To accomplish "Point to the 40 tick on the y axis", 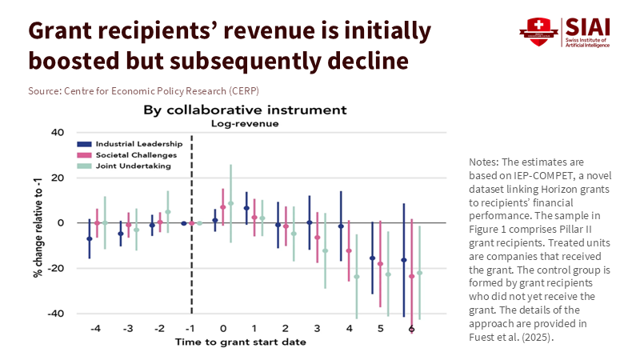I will [x=58, y=132].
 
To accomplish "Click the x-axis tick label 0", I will [x=222, y=329].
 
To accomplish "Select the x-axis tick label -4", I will [x=95, y=329].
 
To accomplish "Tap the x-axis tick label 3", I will [x=317, y=329].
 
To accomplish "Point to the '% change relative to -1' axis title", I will [x=38, y=222].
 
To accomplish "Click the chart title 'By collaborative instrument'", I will [x=245, y=110].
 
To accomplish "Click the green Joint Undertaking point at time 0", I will [x=230, y=203].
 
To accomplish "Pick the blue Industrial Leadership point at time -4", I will [x=89, y=238].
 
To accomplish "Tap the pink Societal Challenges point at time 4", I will [x=349, y=251].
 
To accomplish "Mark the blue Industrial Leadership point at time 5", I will [x=372, y=258].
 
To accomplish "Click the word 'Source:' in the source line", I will [x=44, y=90].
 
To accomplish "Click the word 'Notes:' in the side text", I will [x=486, y=162].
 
